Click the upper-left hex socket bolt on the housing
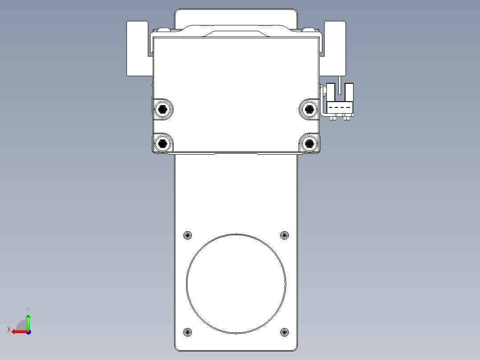pos(163,109)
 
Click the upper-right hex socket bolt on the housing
pos(308,108)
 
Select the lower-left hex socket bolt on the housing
pos(163,143)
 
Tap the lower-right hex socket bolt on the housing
pos(308,143)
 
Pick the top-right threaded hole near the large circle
pos(285,235)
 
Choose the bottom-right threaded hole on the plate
pos(285,332)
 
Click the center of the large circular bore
pos(236,284)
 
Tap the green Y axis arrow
pos(28,320)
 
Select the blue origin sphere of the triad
pos(28,331)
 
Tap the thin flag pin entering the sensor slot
pos(340,85)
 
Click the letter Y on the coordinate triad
pos(28,309)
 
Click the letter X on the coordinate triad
pos(8,329)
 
